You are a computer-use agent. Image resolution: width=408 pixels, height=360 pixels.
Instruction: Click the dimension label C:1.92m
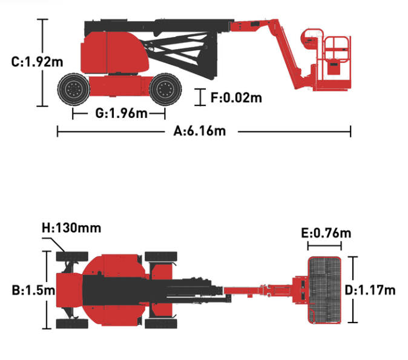click(x=37, y=62)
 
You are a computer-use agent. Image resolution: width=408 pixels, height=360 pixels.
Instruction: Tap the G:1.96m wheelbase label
click(x=121, y=113)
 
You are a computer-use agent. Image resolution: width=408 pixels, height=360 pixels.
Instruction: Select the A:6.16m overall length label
click(x=200, y=131)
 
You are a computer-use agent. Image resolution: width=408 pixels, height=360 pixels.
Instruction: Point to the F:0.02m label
click(x=236, y=98)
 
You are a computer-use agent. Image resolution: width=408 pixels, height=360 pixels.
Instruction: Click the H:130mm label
click(x=71, y=228)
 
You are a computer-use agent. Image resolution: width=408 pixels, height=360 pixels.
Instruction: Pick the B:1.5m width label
click(x=33, y=290)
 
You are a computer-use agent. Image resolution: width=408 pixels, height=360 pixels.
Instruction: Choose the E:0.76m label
click(x=326, y=233)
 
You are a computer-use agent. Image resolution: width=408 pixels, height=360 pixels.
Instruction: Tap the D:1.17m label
click(x=370, y=290)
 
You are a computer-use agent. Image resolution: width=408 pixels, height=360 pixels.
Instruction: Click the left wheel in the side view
click(x=74, y=89)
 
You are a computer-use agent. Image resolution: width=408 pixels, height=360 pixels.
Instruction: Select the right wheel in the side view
click(x=165, y=89)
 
